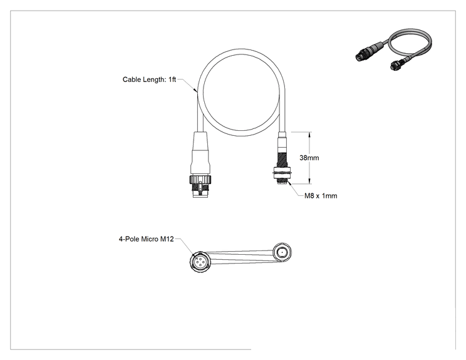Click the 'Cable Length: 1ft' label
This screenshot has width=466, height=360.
click(x=149, y=80)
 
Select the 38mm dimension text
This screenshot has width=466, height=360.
click(x=309, y=158)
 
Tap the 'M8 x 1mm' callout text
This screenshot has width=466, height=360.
click(x=321, y=196)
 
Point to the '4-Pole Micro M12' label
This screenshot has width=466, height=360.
click(x=146, y=239)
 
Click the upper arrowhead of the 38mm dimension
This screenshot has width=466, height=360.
click(x=309, y=135)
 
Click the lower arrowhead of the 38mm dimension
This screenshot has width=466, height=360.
click(x=309, y=181)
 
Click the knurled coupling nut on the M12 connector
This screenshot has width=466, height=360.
click(x=201, y=179)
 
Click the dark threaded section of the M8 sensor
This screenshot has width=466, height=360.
click(x=282, y=160)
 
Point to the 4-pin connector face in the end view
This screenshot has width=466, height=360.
click(x=200, y=262)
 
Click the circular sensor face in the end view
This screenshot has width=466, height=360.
click(x=282, y=252)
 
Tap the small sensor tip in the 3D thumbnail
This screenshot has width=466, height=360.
click(x=395, y=66)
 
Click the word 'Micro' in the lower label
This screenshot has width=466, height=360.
click(x=150, y=239)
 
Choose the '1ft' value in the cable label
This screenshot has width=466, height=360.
click(x=172, y=80)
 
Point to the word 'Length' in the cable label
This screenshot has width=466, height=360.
click(x=154, y=80)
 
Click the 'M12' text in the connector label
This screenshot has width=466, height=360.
click(x=167, y=239)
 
